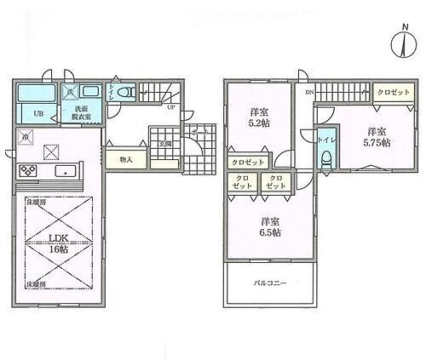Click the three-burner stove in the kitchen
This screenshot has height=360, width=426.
pos(27,171)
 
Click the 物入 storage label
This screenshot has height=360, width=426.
pos(124,159)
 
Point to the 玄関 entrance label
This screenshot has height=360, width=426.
pos(164,144)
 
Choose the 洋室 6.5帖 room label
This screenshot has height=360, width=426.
pos(270,227)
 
